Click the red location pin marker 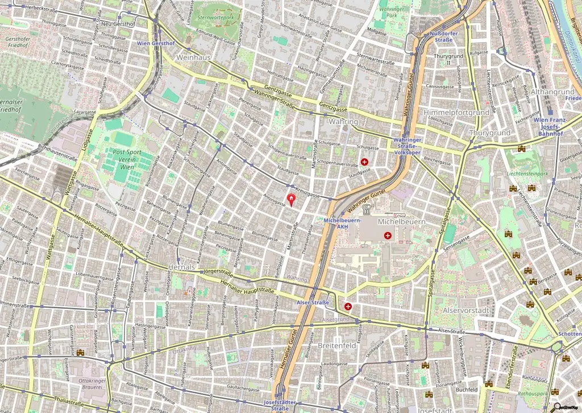292,199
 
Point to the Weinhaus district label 193,58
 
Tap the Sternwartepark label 214,18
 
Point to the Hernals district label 182,267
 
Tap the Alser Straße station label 313,303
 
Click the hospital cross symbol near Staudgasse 364,162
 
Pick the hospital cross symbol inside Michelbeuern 388,235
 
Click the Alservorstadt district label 465,311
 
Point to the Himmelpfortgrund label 456,113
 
